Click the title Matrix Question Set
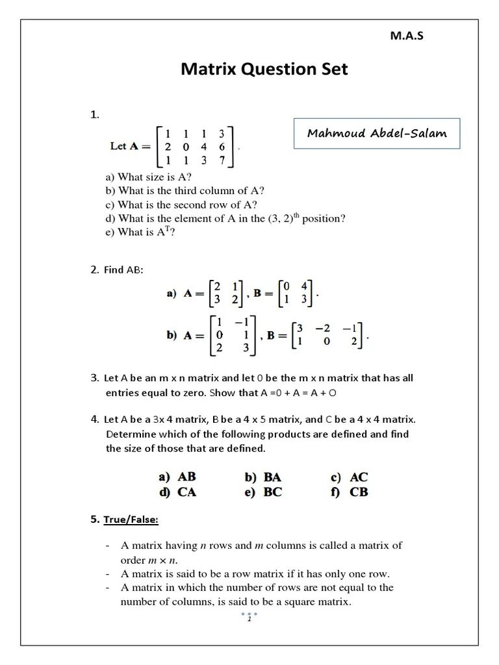[264, 69]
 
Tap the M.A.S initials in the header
[406, 36]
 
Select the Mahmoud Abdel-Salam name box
[377, 134]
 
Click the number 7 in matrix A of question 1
[222, 160]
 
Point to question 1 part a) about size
[149, 177]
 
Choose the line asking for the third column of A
[185, 190]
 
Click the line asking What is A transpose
[141, 232]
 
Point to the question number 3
[94, 377]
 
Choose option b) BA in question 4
[263, 477]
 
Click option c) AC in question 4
[350, 477]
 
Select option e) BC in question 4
[263, 492]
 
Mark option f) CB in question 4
[350, 492]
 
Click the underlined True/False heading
[129, 520]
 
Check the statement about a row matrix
[255, 574]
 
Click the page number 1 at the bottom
[249, 619]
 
